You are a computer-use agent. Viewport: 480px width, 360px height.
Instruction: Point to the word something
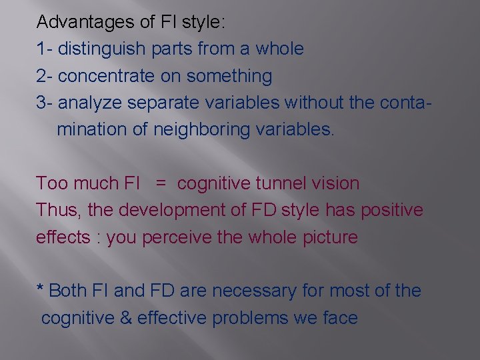click(x=229, y=76)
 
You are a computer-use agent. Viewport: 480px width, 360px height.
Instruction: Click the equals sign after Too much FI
click(x=161, y=183)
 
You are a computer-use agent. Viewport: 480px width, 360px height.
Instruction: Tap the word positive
click(x=392, y=210)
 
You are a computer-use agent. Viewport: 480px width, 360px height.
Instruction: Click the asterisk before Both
click(x=40, y=289)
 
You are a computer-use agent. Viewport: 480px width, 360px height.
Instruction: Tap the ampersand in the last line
click(x=125, y=318)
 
